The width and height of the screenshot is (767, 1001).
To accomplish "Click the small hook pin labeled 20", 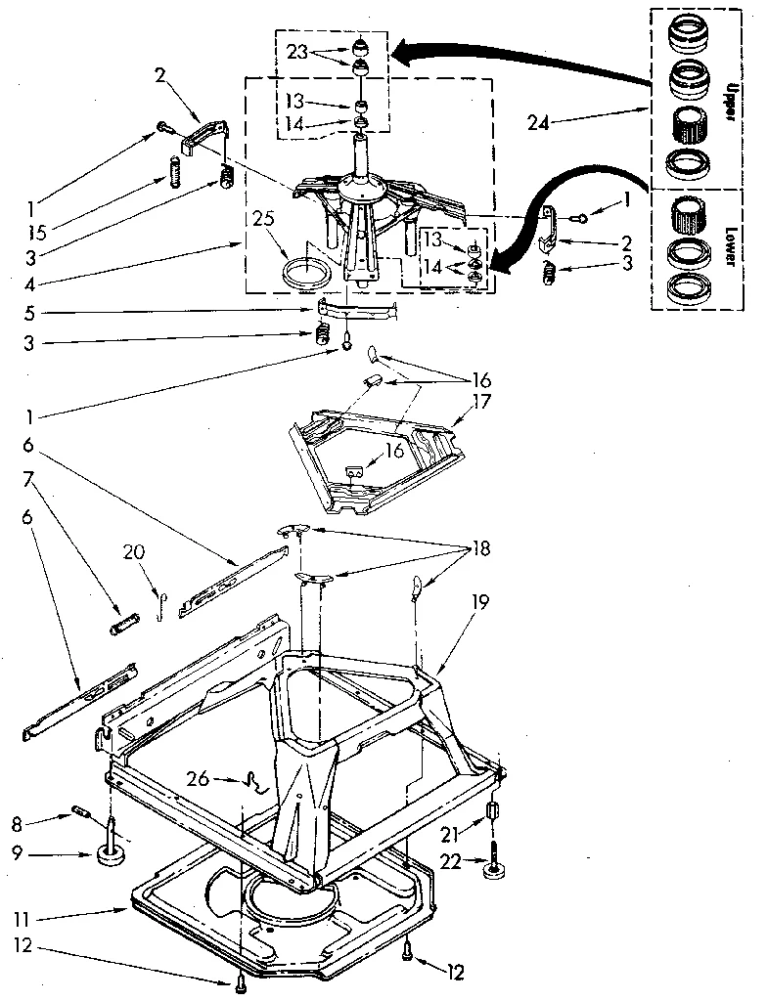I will (x=159, y=607).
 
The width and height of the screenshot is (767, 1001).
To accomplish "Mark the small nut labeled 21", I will (x=493, y=813).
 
